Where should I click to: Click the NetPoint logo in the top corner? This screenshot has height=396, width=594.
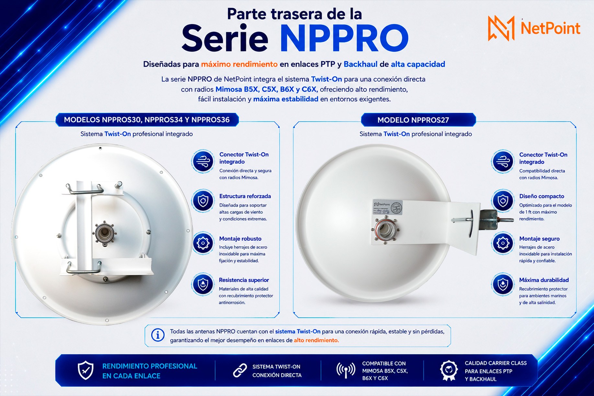534,28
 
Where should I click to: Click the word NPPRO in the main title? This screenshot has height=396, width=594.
344,38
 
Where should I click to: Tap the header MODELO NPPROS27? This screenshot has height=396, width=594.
413,120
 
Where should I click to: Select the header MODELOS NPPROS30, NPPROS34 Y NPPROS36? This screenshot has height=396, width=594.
147,120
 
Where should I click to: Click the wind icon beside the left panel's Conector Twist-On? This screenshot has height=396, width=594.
203,161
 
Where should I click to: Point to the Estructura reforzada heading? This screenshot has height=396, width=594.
245,196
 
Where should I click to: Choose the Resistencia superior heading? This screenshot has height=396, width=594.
244,280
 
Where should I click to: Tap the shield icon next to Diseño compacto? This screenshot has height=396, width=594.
503,201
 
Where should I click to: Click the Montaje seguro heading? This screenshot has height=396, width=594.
539,239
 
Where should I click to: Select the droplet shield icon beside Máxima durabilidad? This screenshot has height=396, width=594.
503,284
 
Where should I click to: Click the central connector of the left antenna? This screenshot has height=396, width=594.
105,233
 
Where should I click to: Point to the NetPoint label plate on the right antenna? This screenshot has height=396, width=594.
387,207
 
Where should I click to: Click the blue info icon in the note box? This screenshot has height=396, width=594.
158,335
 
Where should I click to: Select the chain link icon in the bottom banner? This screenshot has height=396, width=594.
240,371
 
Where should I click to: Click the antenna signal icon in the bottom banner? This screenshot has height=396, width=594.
346,371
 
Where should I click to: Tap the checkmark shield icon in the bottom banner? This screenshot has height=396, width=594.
86,370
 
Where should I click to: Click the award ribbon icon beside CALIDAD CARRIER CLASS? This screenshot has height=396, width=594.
449,371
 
